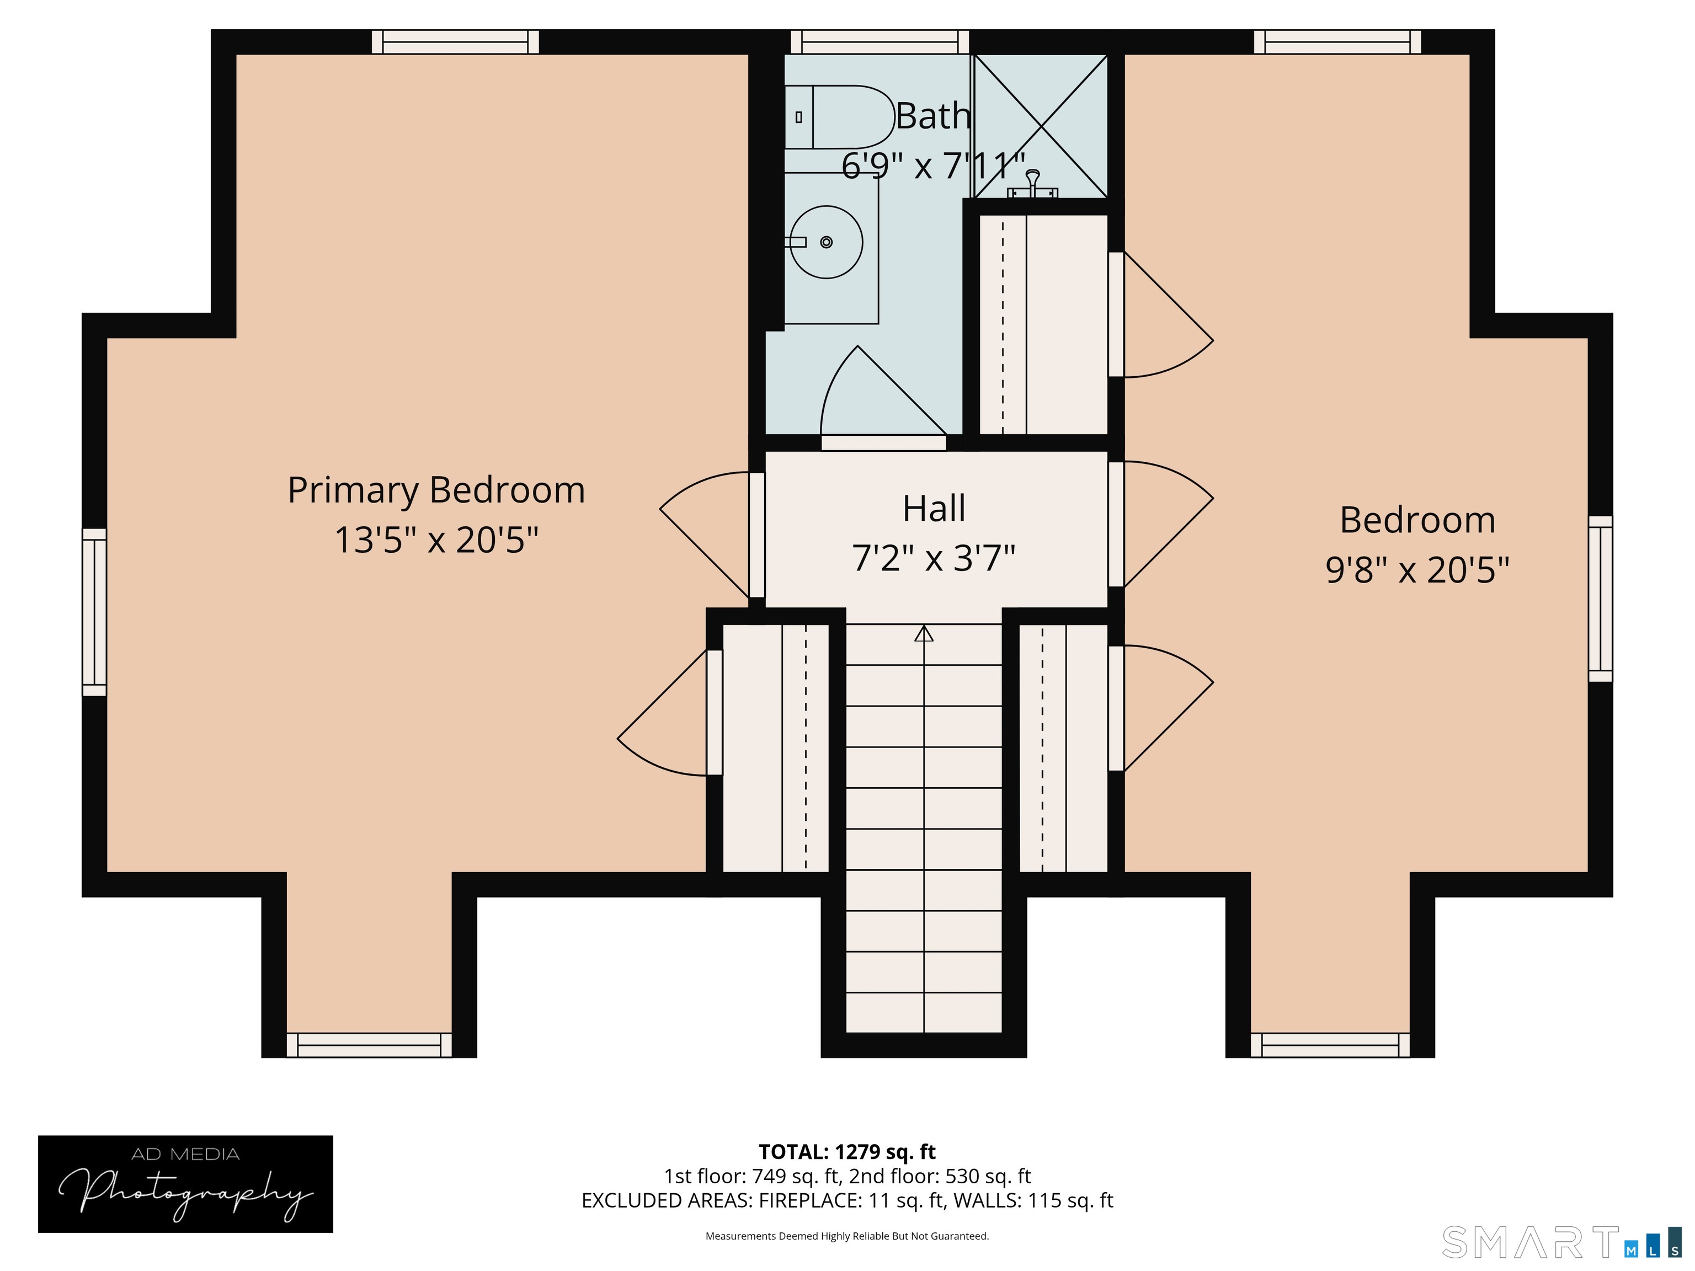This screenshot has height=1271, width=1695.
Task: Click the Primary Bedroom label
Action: tap(436, 490)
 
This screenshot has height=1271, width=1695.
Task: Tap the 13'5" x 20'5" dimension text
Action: tap(436, 540)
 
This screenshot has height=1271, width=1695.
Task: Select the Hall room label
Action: tap(934, 509)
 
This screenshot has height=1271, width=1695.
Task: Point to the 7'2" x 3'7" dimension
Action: tap(934, 558)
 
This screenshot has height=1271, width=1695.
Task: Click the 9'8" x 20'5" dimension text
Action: tap(1417, 570)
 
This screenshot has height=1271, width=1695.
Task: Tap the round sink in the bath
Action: tap(826, 242)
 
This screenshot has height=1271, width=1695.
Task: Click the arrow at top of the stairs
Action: tap(924, 634)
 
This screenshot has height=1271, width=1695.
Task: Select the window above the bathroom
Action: tap(880, 41)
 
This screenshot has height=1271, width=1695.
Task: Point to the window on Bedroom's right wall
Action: tap(1600, 599)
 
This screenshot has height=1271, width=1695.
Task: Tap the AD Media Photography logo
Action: tap(185, 1184)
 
